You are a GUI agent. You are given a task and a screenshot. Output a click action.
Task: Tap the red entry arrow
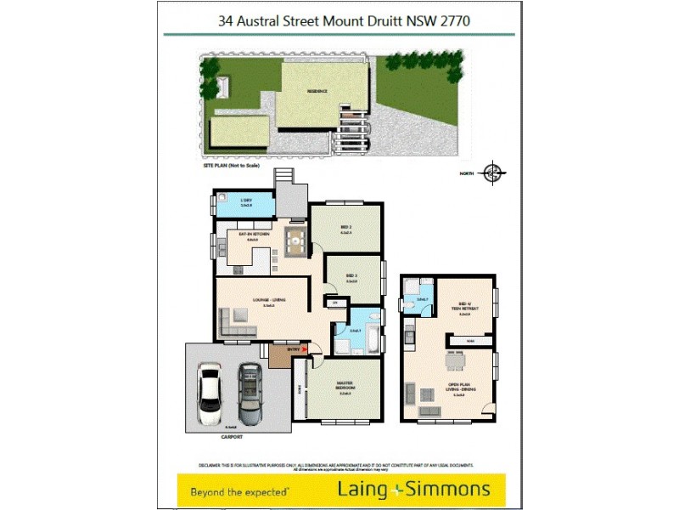click(x=307, y=348)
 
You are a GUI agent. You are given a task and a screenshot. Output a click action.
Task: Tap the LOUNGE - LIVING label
click(x=268, y=300)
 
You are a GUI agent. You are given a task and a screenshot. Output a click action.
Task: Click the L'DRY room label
click(x=246, y=201)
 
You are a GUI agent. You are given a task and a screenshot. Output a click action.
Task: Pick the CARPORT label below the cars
click(x=232, y=437)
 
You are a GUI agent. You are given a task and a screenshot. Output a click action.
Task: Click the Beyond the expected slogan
click(x=240, y=491)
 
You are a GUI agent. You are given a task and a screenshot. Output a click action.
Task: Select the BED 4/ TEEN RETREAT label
click(x=463, y=307)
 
